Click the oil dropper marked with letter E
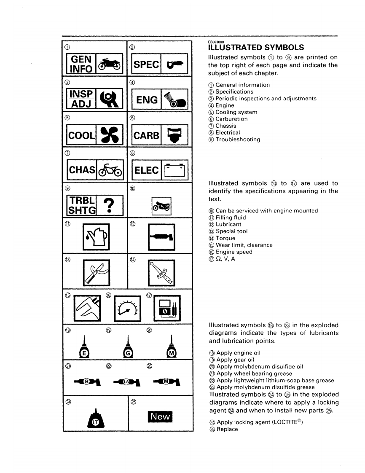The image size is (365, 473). coord(84,348)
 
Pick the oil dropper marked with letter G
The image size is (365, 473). coord(128,348)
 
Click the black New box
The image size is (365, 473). coord(161,417)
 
